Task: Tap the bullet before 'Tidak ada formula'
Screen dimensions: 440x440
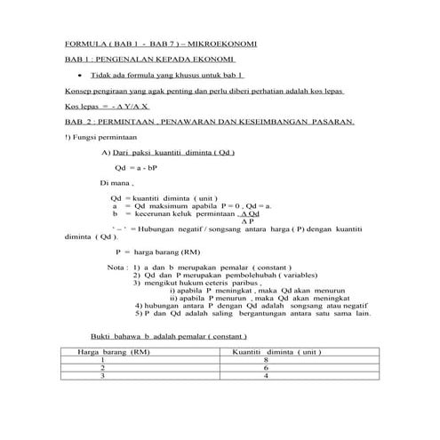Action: coord(80,76)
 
